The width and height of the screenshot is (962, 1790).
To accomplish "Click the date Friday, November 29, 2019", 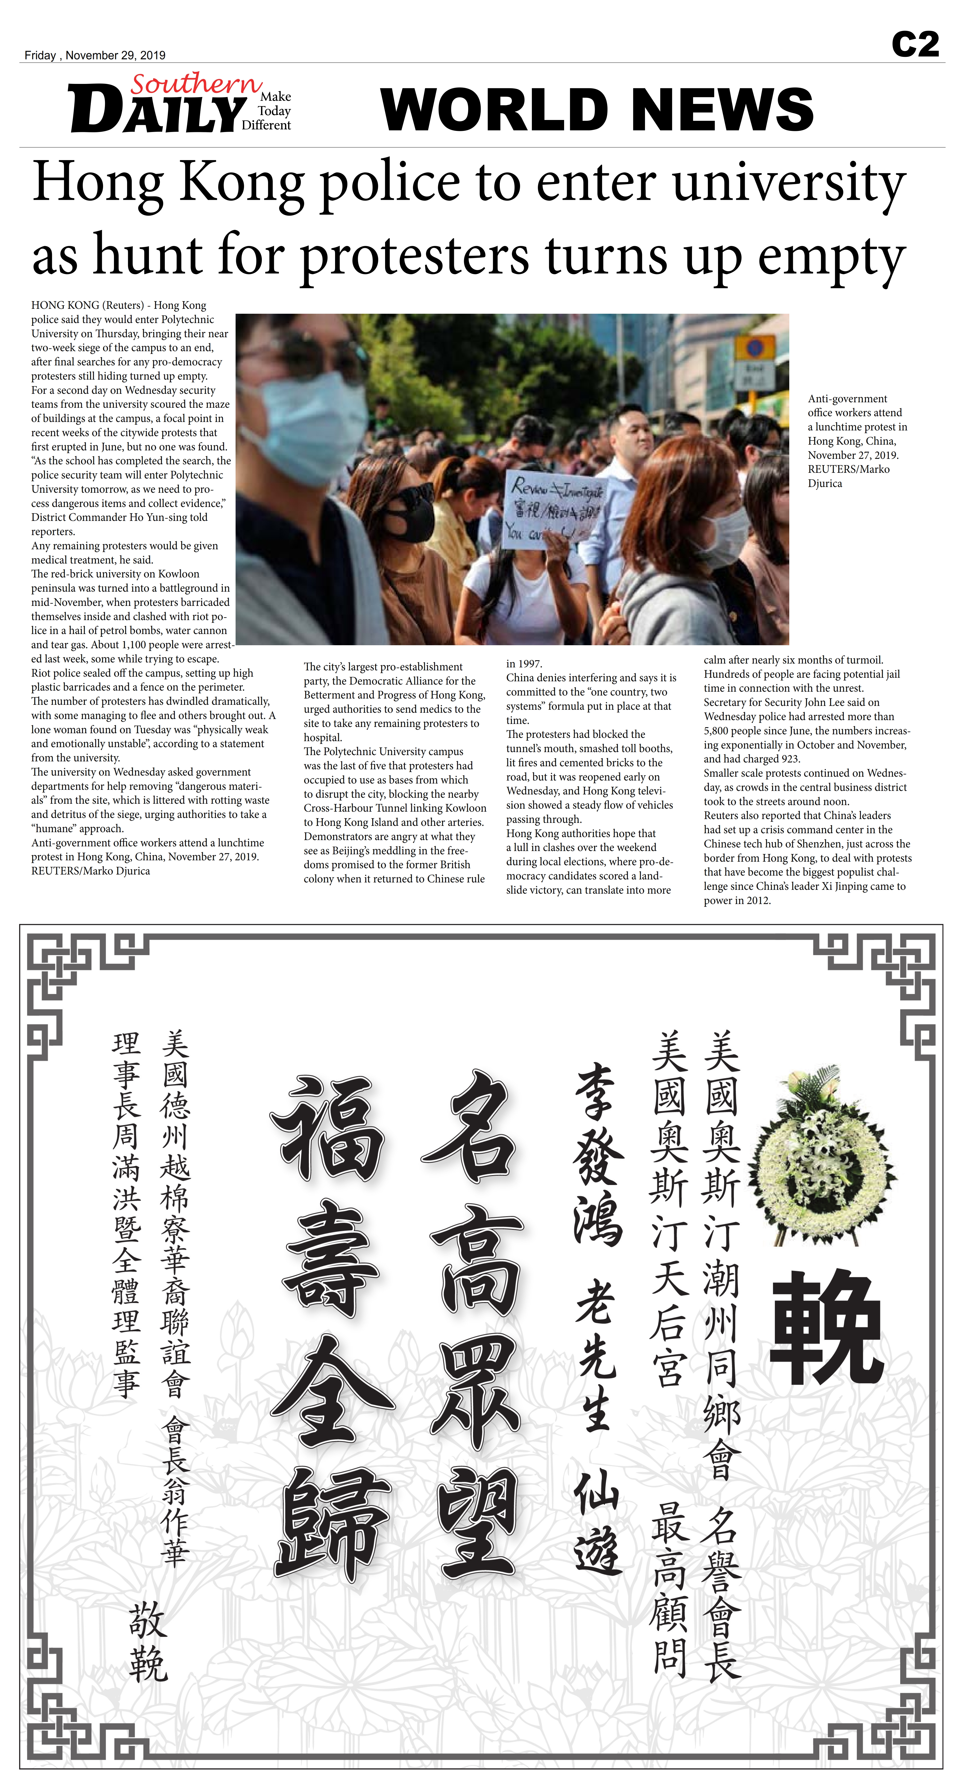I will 95,55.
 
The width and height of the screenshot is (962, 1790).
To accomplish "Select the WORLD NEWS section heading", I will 596,110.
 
